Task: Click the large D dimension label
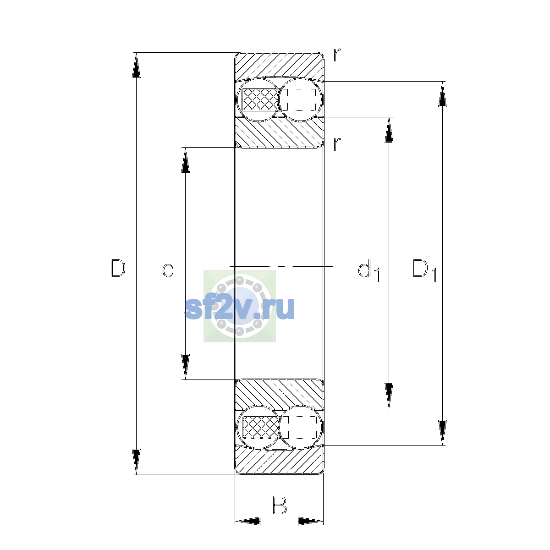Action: point(118,268)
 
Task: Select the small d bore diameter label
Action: point(168,268)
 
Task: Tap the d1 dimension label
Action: point(369,270)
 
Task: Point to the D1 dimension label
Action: point(424,270)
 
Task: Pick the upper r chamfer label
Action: point(337,55)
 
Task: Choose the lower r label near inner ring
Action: point(337,144)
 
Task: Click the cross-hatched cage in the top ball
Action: point(260,99)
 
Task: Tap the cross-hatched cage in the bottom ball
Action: point(260,427)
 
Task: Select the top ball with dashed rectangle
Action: point(300,99)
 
